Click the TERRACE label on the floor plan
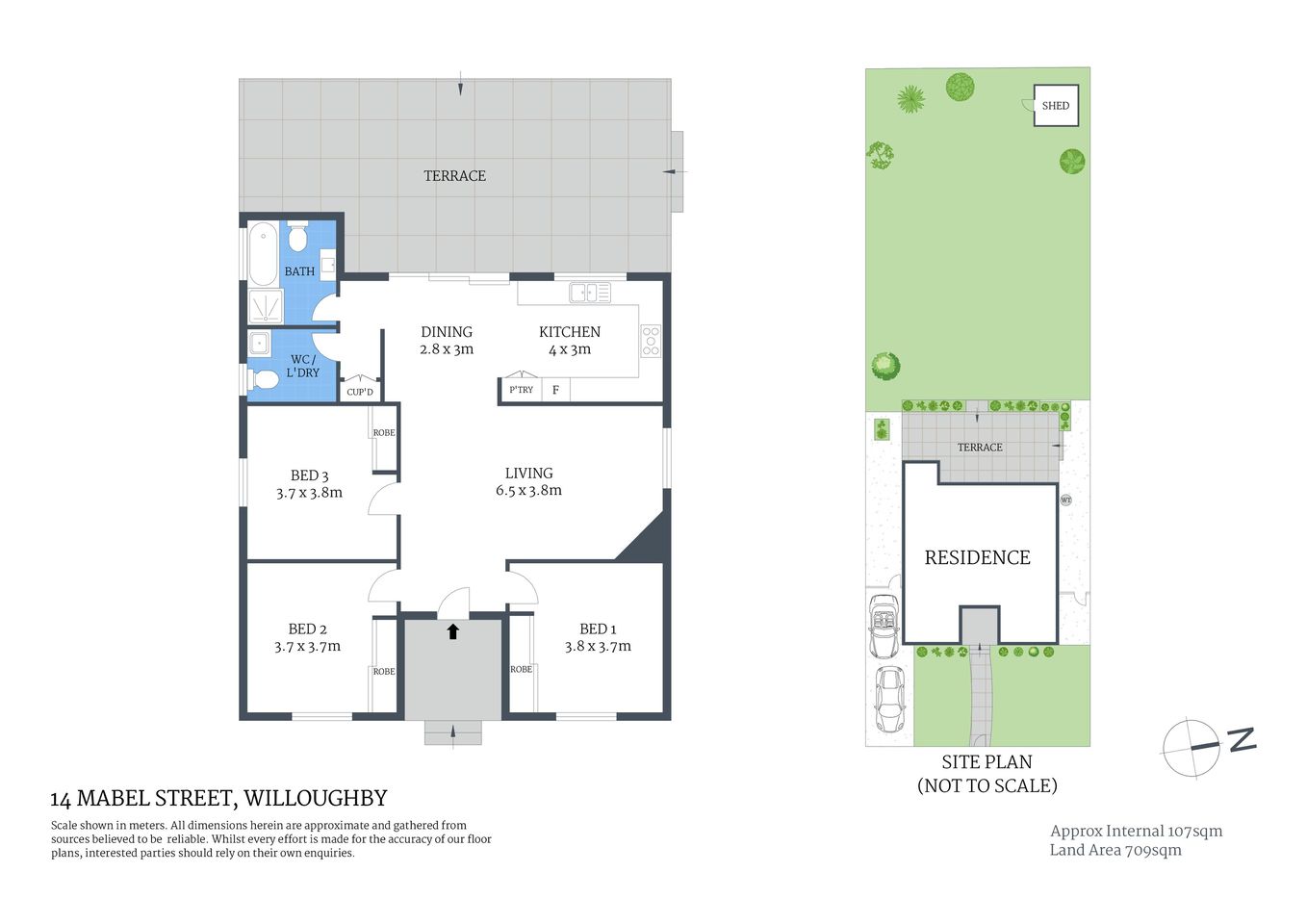click(x=454, y=176)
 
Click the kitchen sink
click(x=589, y=292)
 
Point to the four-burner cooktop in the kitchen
click(x=651, y=341)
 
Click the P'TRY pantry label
click(x=521, y=390)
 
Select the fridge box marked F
click(x=555, y=390)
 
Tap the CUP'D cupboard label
click(x=360, y=392)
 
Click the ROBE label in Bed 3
click(x=384, y=433)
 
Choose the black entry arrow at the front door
click(x=452, y=631)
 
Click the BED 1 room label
click(x=598, y=629)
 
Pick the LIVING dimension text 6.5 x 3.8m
click(x=528, y=491)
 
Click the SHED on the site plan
click(x=1056, y=106)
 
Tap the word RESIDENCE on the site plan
click(x=977, y=558)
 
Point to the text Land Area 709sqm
click(x=1115, y=850)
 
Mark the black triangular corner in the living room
click(x=646, y=541)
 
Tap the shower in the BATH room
click(x=265, y=306)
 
